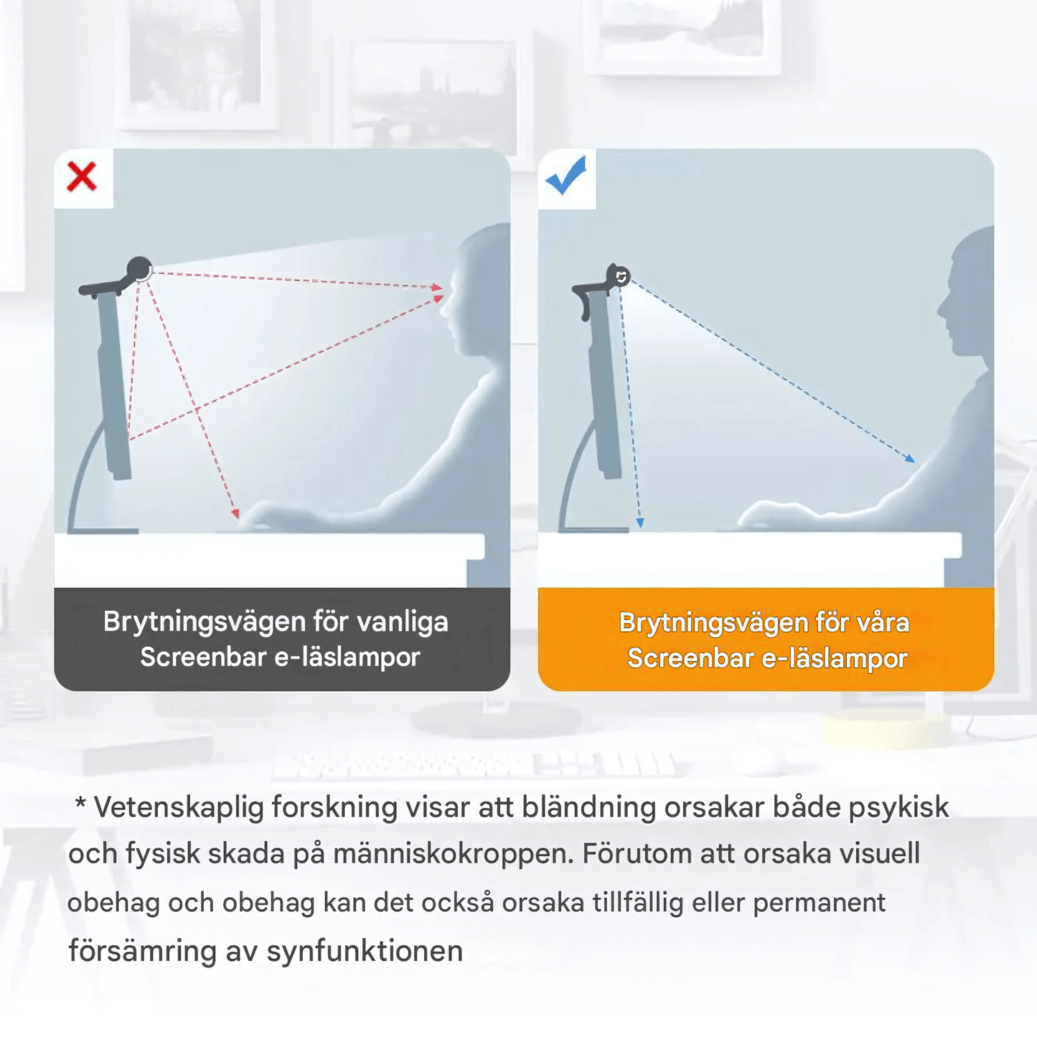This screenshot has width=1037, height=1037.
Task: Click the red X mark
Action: coord(82,177)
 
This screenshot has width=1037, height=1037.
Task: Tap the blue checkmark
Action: coord(566,176)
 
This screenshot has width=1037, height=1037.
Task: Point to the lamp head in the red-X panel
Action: coord(139,270)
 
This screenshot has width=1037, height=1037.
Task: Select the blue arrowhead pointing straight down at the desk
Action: coord(640,523)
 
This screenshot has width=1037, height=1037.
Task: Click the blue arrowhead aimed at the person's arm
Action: coord(909,458)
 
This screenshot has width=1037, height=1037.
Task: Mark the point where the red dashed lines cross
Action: coord(197,410)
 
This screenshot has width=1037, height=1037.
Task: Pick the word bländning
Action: coord(588,807)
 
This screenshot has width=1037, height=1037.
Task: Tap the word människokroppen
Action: coord(453,854)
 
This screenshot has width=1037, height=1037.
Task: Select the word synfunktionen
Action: coord(365,952)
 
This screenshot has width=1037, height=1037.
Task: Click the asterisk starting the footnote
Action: coord(80,804)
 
